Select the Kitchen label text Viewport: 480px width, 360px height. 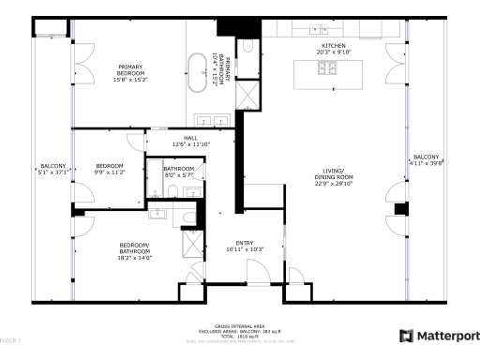335,45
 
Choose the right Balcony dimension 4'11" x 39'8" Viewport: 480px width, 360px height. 426,163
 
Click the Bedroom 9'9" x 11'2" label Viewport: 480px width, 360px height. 109,169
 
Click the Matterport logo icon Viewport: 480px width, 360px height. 405,335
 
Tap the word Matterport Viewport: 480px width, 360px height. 447,335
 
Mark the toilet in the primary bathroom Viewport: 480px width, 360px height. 248,46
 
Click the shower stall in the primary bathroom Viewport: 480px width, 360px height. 248,95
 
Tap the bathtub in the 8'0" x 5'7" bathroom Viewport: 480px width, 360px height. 154,177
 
